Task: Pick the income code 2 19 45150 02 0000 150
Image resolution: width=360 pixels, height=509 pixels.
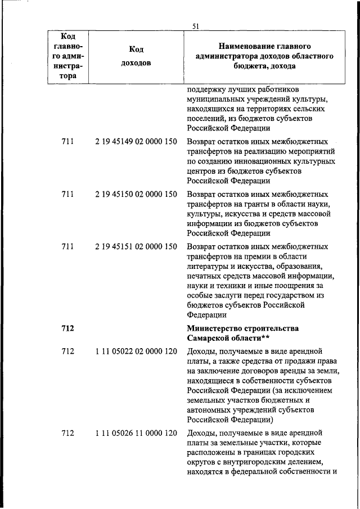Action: click(137, 194)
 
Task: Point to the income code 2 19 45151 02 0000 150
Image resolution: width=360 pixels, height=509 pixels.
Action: click(137, 246)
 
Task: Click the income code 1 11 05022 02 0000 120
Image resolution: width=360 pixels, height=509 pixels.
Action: click(137, 352)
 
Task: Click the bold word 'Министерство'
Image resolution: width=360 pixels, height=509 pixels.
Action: click(215, 328)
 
